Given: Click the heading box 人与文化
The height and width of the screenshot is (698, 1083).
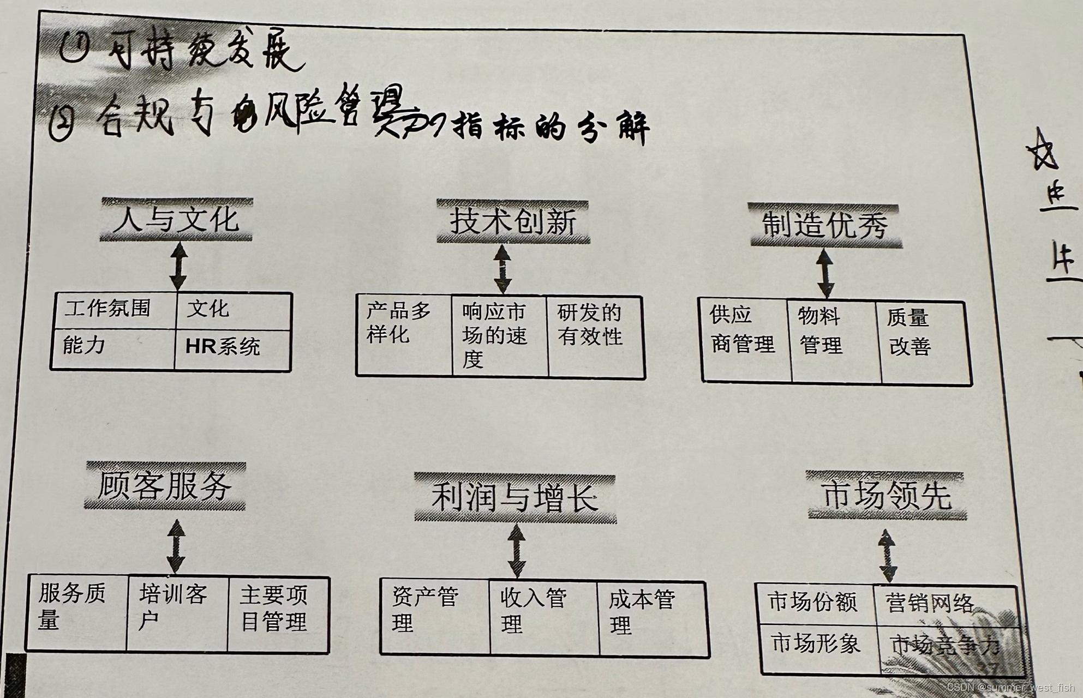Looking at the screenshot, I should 176,219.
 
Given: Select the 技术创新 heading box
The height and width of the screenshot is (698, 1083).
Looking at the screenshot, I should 512,222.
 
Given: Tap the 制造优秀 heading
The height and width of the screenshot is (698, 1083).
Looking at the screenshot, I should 824,225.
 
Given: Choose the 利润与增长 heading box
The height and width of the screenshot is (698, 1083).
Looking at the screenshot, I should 514,498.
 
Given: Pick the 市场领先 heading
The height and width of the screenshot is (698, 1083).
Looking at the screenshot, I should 886,496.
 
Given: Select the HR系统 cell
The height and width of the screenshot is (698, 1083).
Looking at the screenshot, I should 231,348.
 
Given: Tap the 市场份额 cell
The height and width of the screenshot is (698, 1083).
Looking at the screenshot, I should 815,604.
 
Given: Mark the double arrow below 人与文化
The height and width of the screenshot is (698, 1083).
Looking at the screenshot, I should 178,266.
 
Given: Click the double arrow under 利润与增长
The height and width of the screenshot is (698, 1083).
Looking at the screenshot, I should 516,551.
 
